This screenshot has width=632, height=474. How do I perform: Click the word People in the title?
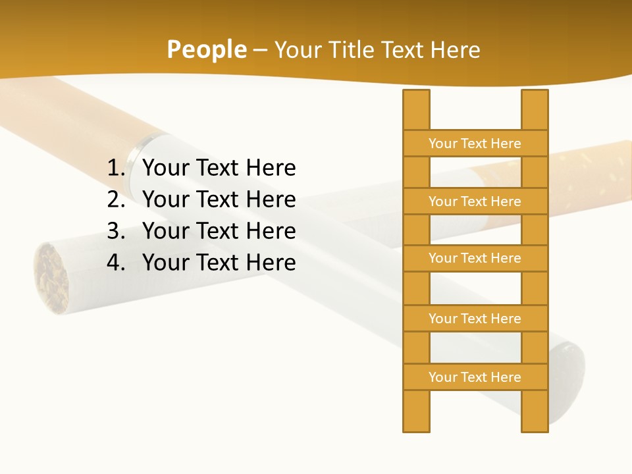(x=206, y=49)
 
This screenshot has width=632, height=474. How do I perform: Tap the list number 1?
(x=116, y=169)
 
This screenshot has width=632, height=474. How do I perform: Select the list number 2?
(x=116, y=199)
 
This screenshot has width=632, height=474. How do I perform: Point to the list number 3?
(x=116, y=231)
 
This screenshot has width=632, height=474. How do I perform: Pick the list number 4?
(x=116, y=263)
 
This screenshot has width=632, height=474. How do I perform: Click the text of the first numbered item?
(x=219, y=169)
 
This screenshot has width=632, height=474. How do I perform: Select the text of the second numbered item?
(x=219, y=199)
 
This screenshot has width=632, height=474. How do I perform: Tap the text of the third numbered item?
(x=219, y=231)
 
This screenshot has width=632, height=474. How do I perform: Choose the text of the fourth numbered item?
(x=219, y=263)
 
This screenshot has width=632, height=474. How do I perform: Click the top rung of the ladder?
(x=475, y=144)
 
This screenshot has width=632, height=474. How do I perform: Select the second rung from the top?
(x=475, y=201)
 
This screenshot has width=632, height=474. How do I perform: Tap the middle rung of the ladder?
(x=475, y=258)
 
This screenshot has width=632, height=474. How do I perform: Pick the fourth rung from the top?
(x=475, y=319)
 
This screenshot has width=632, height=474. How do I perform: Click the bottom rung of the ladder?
(x=475, y=377)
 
